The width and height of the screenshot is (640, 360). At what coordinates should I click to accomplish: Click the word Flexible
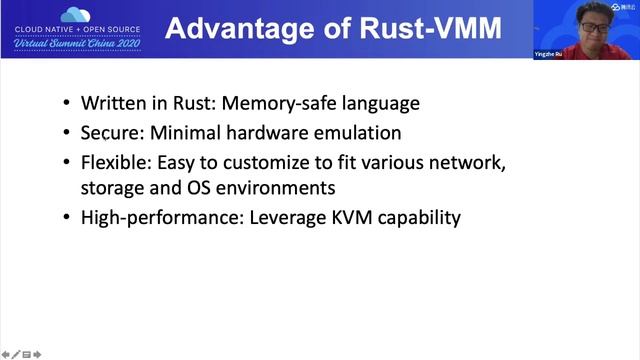tap(114, 161)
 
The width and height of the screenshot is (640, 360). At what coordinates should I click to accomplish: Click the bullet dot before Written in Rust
tap(66, 104)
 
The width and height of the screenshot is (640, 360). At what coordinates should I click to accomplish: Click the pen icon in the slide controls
tap(16, 353)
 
